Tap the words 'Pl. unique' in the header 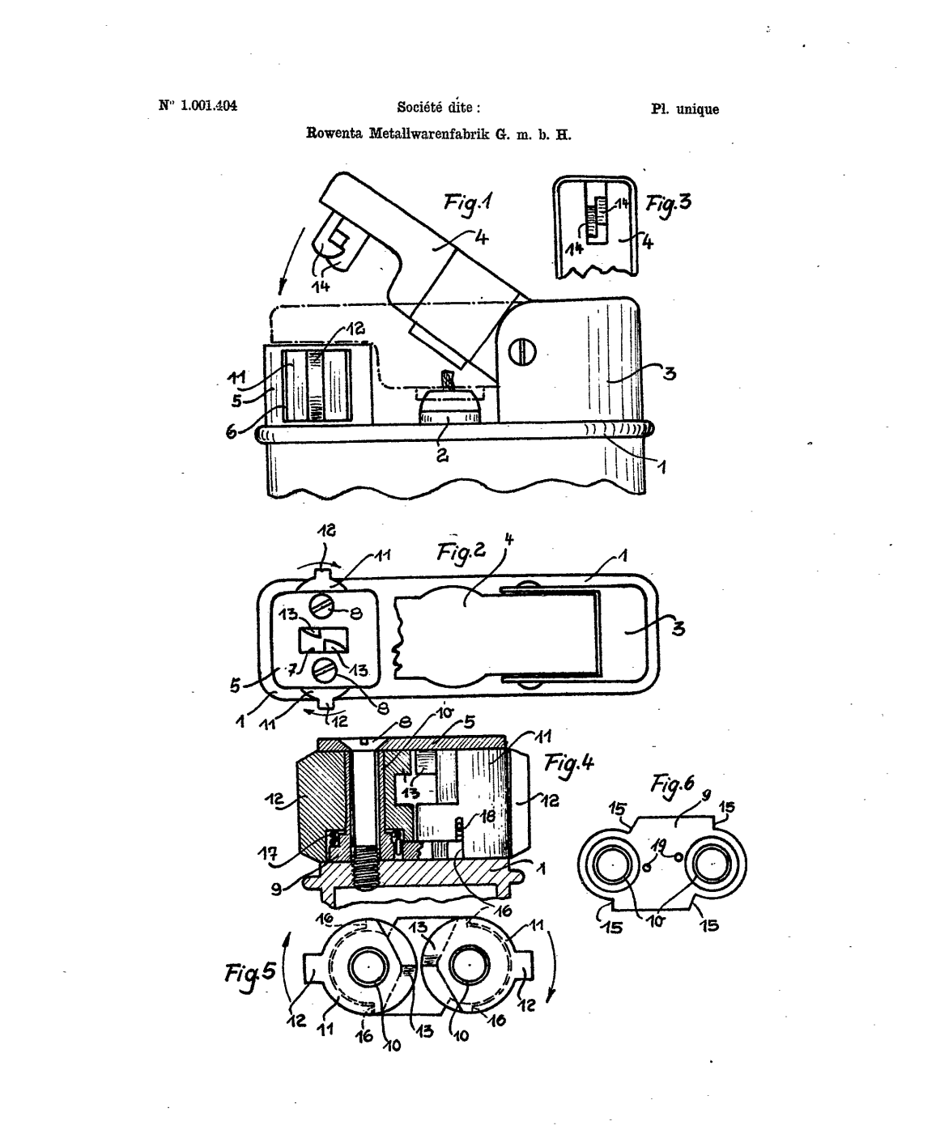click(x=685, y=109)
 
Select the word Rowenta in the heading click(x=334, y=133)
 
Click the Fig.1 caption click(x=468, y=204)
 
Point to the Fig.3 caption click(x=668, y=206)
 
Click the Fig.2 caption click(x=461, y=552)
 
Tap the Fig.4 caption click(x=568, y=765)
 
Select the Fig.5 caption click(x=250, y=973)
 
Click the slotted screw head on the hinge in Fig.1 click(x=522, y=352)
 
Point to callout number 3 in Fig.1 click(x=670, y=374)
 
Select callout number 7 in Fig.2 click(x=291, y=671)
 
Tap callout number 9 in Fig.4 click(x=277, y=890)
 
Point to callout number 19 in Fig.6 click(x=658, y=846)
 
